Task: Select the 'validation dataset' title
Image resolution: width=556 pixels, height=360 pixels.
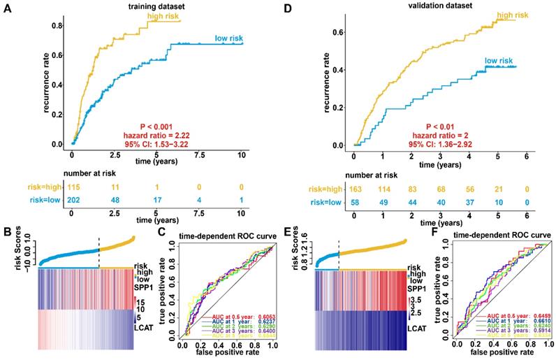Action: click(x=423, y=7)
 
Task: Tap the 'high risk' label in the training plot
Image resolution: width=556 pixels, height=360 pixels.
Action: click(x=163, y=15)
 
